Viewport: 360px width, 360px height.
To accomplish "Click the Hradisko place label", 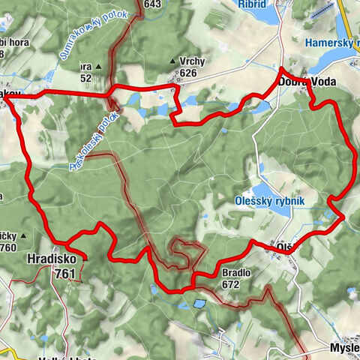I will [x=51, y=260].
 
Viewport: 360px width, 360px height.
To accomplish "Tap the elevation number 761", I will [x=64, y=274].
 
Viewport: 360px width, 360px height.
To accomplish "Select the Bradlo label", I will [x=235, y=273].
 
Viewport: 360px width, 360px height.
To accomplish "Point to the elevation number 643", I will [x=153, y=4].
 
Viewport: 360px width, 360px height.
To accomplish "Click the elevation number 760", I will [x=7, y=247].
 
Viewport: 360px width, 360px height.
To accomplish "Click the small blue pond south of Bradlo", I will [x=199, y=304].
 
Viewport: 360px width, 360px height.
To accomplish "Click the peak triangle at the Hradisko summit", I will [x=85, y=259].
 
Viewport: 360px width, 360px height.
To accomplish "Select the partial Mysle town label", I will [x=344, y=349].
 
